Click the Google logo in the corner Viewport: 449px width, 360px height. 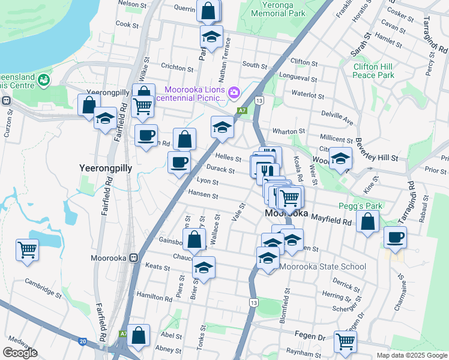click(20, 353)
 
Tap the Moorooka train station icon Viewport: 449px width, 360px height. click(135, 258)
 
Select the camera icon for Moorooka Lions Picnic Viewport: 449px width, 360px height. click(234, 92)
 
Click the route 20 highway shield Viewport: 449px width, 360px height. click(82, 342)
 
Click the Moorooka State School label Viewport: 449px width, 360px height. click(322, 266)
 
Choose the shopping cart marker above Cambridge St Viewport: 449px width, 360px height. click(28, 248)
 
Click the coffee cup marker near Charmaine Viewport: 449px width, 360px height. click(395, 237)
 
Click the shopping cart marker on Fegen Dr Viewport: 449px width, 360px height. click(345, 341)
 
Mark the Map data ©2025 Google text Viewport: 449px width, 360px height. click(411, 355)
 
